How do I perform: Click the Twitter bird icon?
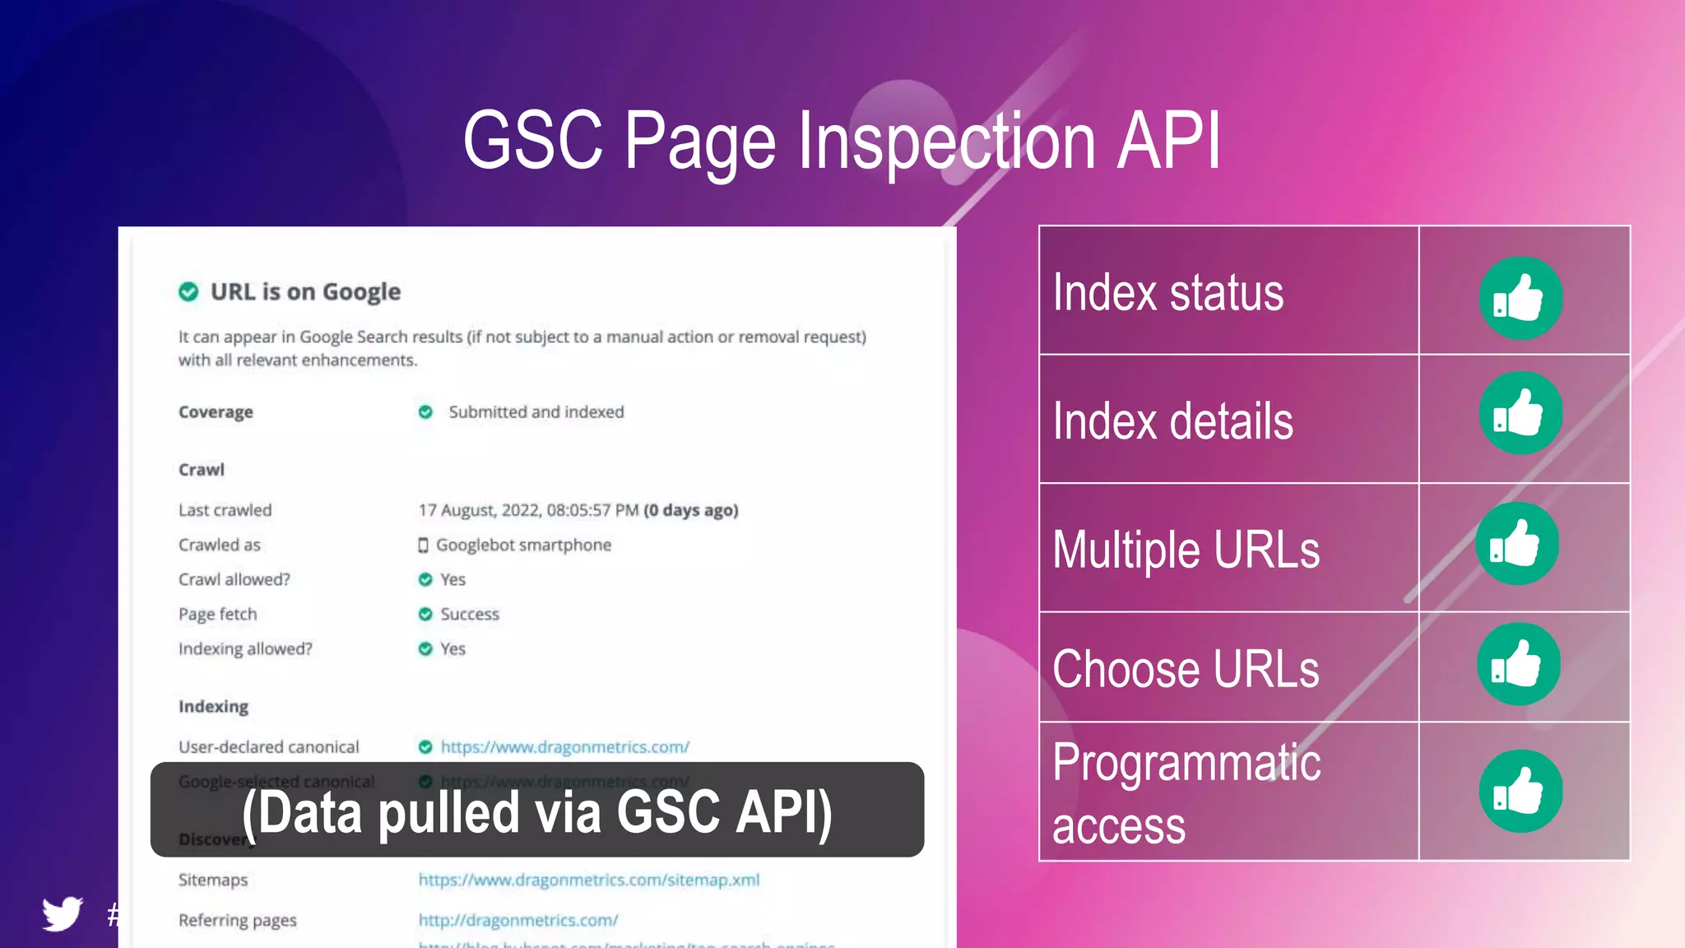pyautogui.click(x=63, y=913)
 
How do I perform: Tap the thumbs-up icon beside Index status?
pyautogui.click(x=1520, y=298)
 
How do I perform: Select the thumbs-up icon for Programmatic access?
pyautogui.click(x=1520, y=791)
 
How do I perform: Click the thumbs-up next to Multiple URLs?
pyautogui.click(x=1516, y=544)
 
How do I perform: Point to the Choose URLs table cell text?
pyautogui.click(x=1185, y=668)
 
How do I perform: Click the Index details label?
pyautogui.click(x=1172, y=421)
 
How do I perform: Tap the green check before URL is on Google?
pyautogui.click(x=188, y=292)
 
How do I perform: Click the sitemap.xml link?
pyautogui.click(x=588, y=880)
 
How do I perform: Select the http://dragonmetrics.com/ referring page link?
pyautogui.click(x=518, y=920)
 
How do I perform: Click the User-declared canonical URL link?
pyautogui.click(x=564, y=747)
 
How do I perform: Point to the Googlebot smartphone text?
pyautogui.click(x=523, y=545)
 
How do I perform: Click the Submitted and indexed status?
pyautogui.click(x=536, y=411)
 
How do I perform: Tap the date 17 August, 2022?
pyautogui.click(x=479, y=510)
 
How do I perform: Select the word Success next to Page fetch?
pyautogui.click(x=469, y=614)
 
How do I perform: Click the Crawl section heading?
pyautogui.click(x=202, y=470)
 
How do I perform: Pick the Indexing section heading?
pyautogui.click(x=213, y=707)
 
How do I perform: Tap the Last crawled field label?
pyautogui.click(x=225, y=510)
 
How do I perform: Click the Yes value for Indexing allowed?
pyautogui.click(x=453, y=648)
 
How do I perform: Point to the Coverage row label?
pyautogui.click(x=216, y=412)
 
